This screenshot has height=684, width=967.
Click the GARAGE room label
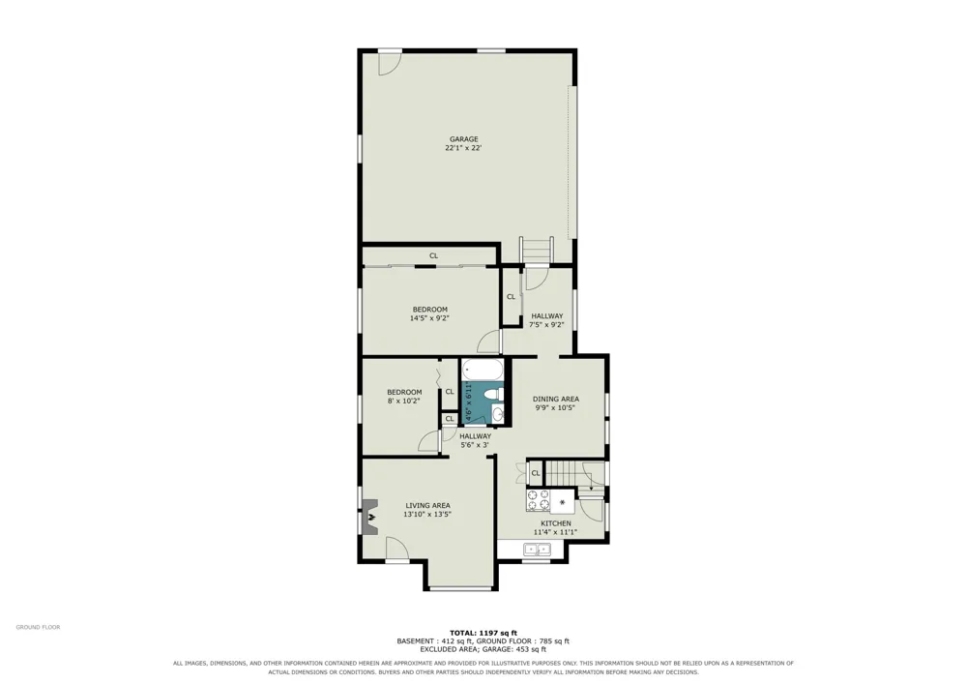click(x=463, y=139)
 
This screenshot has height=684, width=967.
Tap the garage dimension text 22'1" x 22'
click(x=463, y=148)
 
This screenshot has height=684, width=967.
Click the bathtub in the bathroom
click(x=483, y=372)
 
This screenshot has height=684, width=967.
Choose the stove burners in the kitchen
click(x=538, y=500)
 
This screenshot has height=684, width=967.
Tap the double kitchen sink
click(x=537, y=549)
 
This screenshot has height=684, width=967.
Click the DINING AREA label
click(x=556, y=399)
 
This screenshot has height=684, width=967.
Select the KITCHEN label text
click(x=556, y=523)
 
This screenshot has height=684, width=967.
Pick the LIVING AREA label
click(x=427, y=505)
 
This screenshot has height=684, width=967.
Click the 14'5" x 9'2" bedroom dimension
click(x=429, y=318)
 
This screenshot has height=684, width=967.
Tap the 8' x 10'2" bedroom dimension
click(x=404, y=401)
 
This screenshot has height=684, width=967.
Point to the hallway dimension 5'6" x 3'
click(x=474, y=445)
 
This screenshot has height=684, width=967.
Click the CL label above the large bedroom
click(x=433, y=255)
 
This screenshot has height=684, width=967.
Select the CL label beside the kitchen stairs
click(x=536, y=473)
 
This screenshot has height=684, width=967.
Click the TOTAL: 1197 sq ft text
click(x=483, y=633)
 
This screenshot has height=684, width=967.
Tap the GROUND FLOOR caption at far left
click(x=39, y=627)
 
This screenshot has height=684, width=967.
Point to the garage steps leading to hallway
click(x=537, y=251)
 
